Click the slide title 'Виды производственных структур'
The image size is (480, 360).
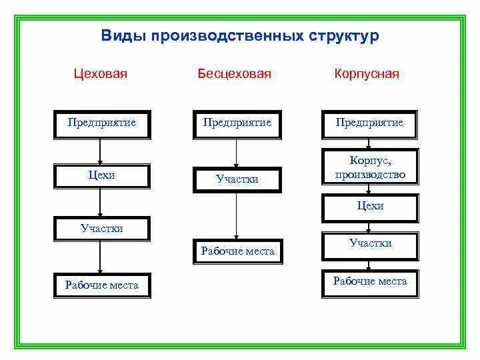tap(240, 35)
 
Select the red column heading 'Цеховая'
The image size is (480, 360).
tap(100, 73)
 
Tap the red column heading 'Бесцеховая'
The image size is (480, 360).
tap(234, 73)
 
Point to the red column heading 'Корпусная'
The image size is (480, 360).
tap(367, 73)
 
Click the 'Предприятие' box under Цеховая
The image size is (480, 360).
tap(102, 124)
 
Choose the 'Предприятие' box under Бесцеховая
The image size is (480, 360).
tap(237, 124)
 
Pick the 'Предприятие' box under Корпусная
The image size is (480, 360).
tap(370, 124)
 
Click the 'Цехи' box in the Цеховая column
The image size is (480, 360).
tap(102, 176)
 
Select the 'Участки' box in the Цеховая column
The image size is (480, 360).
tap(102, 229)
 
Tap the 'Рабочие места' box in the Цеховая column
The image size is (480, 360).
tap(102, 285)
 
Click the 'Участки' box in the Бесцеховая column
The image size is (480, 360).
tap(237, 179)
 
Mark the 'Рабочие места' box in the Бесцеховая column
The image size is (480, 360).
tap(237, 251)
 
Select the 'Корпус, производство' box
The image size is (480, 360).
tap(370, 168)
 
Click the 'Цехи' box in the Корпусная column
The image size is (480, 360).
tap(370, 207)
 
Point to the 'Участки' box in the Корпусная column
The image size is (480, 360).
tap(370, 245)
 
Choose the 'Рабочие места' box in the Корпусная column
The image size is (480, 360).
tap(370, 282)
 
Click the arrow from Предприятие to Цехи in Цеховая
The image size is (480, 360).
tap(100, 151)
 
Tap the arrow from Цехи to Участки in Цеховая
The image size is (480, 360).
tap(100, 203)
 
